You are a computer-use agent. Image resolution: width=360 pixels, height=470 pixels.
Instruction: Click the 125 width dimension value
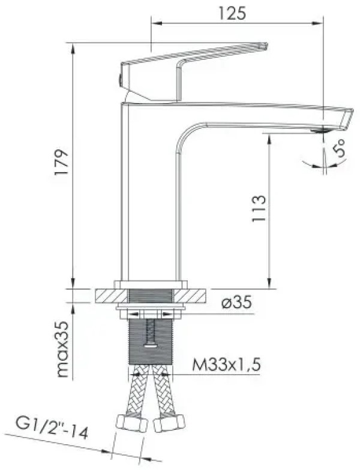(232, 13)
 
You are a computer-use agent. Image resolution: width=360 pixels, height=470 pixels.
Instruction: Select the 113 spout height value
(259, 209)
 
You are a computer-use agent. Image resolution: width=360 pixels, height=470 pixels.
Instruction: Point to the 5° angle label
(340, 148)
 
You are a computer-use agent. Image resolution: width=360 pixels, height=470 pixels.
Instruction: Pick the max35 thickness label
(62, 350)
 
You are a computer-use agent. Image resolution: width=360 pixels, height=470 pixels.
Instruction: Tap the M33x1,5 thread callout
(227, 364)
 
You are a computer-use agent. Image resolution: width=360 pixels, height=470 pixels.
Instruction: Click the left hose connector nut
(132, 422)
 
